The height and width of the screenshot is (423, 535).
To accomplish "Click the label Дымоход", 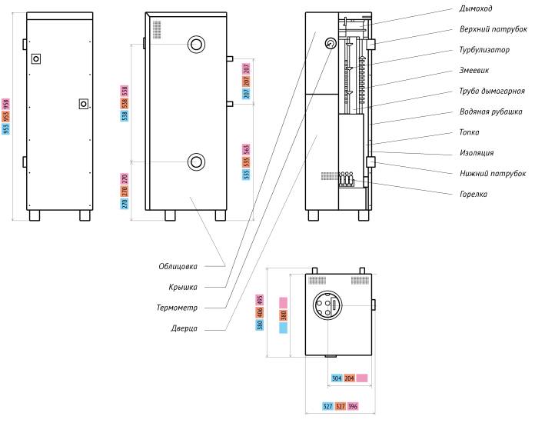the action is (x=475, y=8).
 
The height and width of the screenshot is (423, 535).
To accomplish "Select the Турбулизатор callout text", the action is (x=484, y=50).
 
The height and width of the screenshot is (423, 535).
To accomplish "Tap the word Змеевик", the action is (x=474, y=70).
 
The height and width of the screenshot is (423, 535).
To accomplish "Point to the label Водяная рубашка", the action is (x=490, y=112).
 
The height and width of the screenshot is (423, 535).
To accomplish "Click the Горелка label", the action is (x=474, y=195).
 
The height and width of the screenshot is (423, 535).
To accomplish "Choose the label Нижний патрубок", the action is (x=493, y=174).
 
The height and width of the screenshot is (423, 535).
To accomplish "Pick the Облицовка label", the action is (x=178, y=266).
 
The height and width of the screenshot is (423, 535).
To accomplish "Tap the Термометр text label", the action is (x=177, y=308).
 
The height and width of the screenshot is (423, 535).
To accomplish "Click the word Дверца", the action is (x=184, y=328).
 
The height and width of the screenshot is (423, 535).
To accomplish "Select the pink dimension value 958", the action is (x=6, y=104).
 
